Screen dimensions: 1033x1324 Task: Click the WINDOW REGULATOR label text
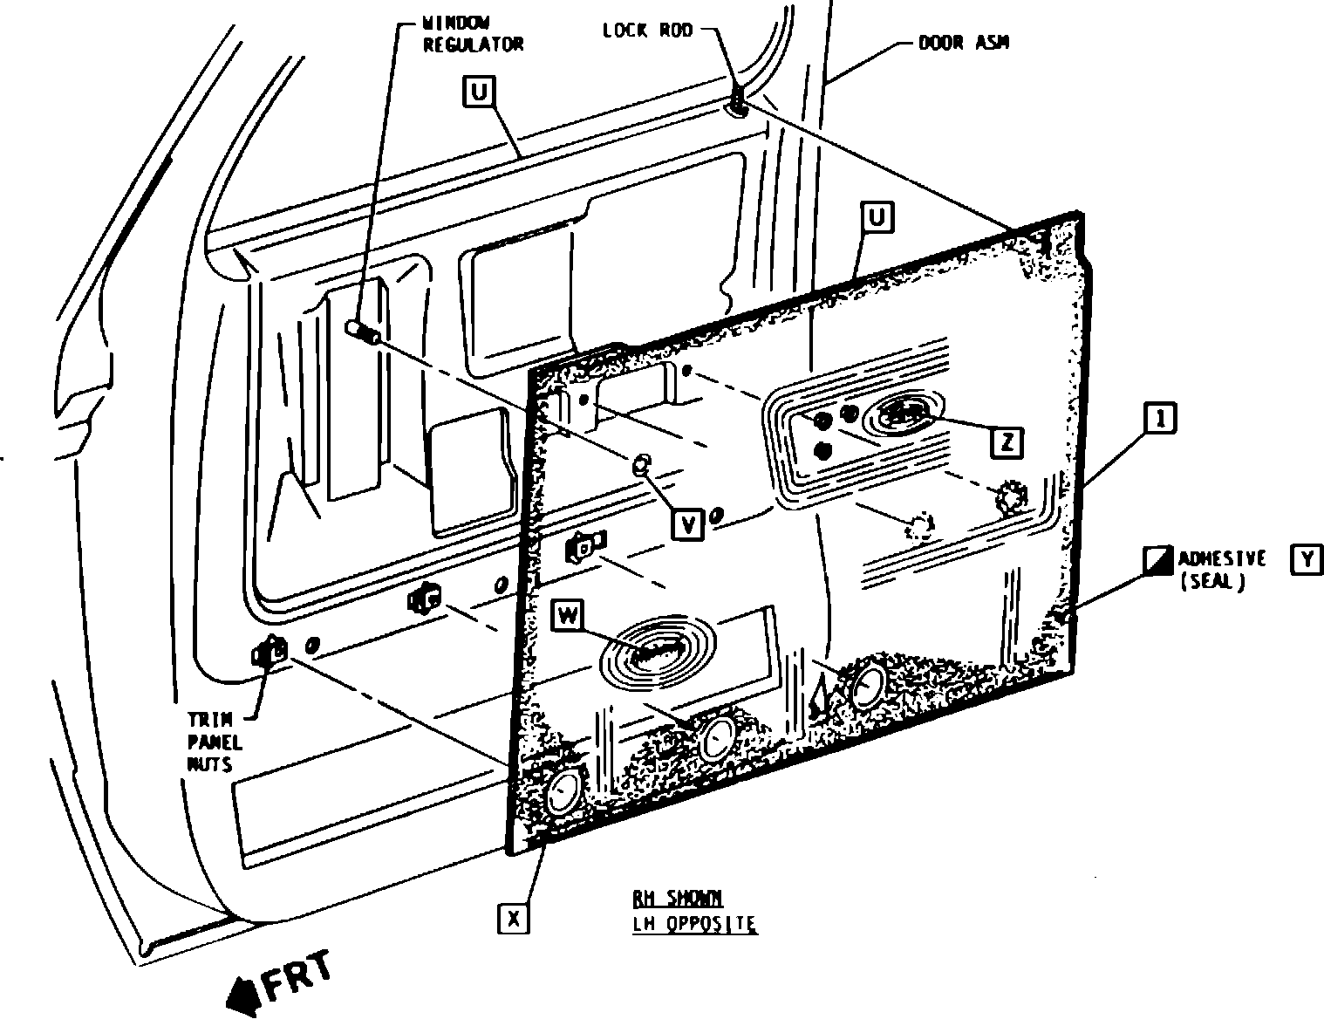[474, 34]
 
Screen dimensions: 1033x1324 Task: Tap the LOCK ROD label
[648, 31]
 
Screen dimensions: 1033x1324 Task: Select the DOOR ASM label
[964, 41]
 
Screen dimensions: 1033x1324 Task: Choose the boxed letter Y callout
[1305, 559]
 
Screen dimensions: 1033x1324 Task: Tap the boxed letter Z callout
[1007, 443]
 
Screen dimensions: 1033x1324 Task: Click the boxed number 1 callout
[1160, 419]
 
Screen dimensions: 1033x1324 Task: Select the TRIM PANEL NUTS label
[215, 742]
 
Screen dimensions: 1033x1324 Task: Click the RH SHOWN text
[678, 899]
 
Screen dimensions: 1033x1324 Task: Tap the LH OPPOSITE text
[694, 923]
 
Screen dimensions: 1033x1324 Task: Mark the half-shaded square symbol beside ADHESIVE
[1157, 560]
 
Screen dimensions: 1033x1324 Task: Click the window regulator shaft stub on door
[361, 332]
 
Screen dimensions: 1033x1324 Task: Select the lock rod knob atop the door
[737, 104]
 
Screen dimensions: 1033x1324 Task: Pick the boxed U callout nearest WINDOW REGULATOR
[479, 91]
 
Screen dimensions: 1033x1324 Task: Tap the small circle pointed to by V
[643, 463]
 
